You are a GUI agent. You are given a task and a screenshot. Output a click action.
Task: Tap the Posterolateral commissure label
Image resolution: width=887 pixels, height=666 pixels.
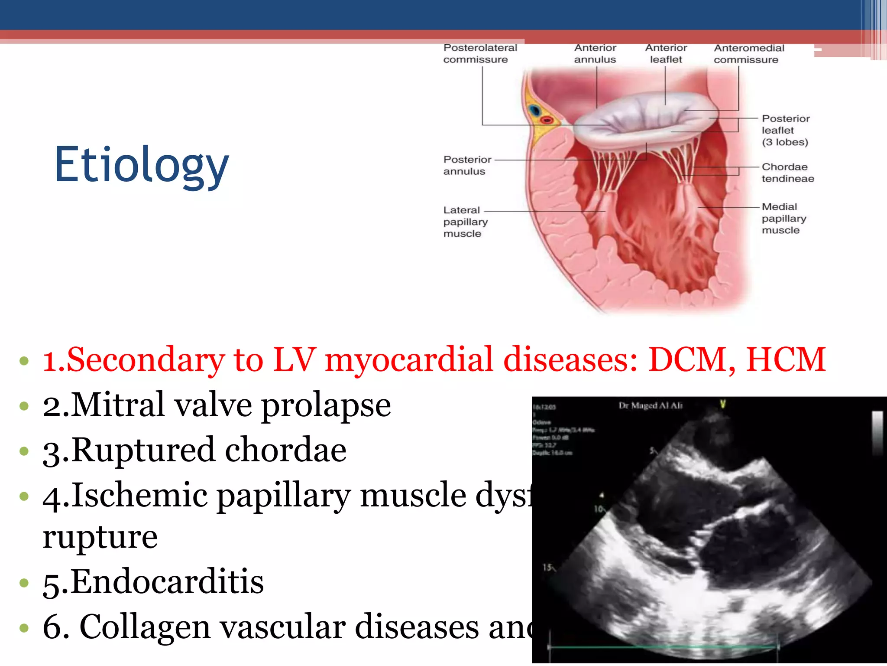(x=480, y=54)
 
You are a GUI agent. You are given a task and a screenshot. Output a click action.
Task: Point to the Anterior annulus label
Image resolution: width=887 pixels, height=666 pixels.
(x=595, y=54)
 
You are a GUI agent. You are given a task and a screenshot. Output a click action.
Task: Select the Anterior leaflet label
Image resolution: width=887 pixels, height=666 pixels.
(x=666, y=54)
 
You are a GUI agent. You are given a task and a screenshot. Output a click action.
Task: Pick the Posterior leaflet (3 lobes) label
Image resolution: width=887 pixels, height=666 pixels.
(x=785, y=130)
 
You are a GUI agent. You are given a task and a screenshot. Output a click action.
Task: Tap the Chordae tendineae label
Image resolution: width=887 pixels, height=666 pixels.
(x=787, y=173)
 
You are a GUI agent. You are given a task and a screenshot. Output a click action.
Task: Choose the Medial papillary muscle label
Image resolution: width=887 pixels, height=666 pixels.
(x=783, y=218)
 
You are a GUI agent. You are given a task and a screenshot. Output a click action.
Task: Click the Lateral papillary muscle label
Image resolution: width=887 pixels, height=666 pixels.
(x=465, y=222)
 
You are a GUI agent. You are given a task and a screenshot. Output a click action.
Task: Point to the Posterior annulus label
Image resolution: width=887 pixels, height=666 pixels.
(x=467, y=165)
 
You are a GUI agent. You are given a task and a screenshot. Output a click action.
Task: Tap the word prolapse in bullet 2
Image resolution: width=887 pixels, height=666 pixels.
(x=326, y=406)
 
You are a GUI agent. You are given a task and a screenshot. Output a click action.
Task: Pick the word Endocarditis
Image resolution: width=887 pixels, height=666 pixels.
(x=167, y=581)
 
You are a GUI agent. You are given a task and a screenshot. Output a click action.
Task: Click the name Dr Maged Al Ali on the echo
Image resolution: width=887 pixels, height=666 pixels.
(x=651, y=405)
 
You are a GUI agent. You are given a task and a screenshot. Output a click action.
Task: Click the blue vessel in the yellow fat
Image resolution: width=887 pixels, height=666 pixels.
(x=534, y=110)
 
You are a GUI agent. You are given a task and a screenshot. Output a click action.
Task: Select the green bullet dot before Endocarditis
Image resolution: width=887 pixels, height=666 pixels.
(x=24, y=582)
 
